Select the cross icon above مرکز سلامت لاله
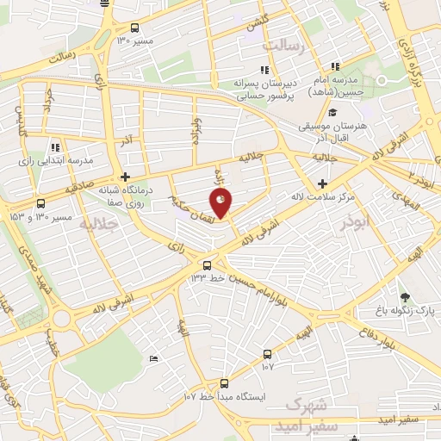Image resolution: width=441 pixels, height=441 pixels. coord(323,183)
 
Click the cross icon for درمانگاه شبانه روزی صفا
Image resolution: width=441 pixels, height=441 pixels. coord(126,176)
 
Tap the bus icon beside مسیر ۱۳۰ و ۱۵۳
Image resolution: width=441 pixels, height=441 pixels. coord(40,204)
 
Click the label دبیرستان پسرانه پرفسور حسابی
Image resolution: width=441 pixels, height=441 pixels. coord(264,89)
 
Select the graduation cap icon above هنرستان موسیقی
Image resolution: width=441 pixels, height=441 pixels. coord(332,112)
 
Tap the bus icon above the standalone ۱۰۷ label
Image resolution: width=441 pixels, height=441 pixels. coord(267,354)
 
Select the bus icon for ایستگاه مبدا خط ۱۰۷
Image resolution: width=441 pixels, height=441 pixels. coord(224,383)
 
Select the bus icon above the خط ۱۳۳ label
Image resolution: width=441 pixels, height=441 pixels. coord(207,264)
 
